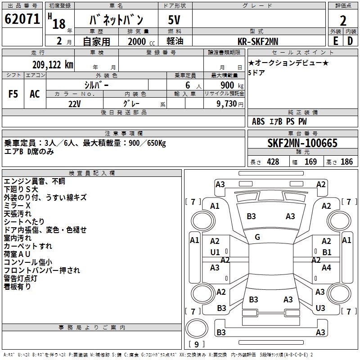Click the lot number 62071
(22, 19)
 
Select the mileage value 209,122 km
(53, 65)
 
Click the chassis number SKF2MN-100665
(302, 144)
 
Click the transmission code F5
(13, 94)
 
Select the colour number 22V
(75, 103)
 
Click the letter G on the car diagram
(257, 237)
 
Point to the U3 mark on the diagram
(320, 308)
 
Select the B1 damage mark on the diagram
(327, 252)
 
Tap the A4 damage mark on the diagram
(326, 268)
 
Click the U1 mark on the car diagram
(215, 252)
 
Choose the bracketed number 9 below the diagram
(197, 345)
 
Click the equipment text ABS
(258, 121)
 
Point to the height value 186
(346, 162)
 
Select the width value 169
(310, 162)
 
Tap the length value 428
(273, 162)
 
